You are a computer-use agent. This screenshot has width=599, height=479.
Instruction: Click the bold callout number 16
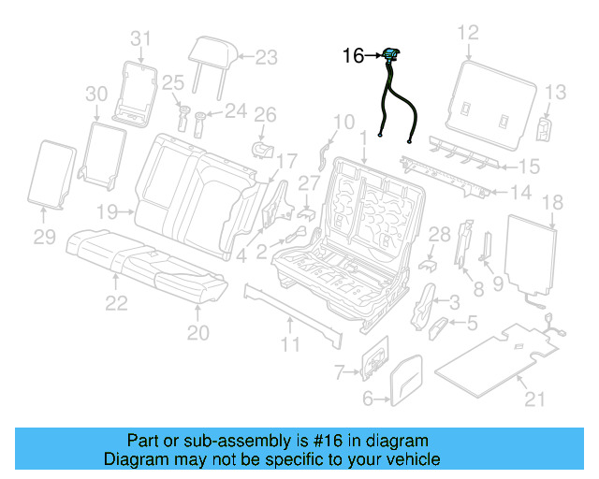(353, 57)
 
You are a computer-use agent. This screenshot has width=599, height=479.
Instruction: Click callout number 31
(140, 38)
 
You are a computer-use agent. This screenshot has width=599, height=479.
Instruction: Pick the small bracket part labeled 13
(545, 128)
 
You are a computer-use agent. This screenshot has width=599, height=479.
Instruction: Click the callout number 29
(46, 239)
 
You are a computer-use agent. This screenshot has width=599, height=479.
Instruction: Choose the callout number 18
(552, 203)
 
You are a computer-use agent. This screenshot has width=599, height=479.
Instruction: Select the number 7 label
(341, 373)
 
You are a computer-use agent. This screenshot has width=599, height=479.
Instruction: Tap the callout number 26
(266, 115)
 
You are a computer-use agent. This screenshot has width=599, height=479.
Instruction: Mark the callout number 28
(440, 233)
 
